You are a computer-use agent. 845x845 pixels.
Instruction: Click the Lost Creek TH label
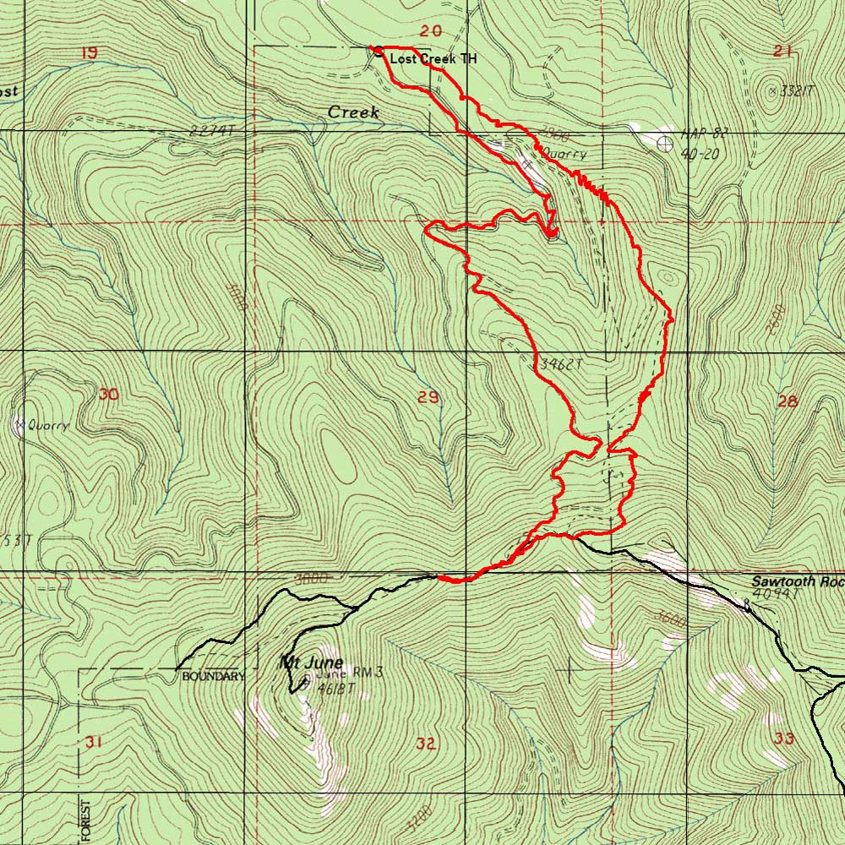433,59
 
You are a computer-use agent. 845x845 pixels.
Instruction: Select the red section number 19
88,53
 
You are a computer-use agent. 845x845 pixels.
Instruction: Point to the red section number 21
782,52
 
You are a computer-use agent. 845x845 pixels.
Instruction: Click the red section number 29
428,397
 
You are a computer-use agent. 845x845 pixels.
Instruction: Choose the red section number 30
108,394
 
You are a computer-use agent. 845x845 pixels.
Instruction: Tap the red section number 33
784,739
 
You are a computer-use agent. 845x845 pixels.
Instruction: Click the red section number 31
93,742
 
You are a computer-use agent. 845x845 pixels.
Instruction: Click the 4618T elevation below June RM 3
336,690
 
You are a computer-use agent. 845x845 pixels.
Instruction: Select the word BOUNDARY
213,677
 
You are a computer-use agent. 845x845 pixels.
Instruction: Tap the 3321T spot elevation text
795,91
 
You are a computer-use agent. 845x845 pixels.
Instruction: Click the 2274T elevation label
212,132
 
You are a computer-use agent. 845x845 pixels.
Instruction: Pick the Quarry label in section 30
47,426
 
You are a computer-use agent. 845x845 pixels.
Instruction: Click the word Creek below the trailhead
353,112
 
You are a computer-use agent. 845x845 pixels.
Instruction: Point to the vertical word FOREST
85,820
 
